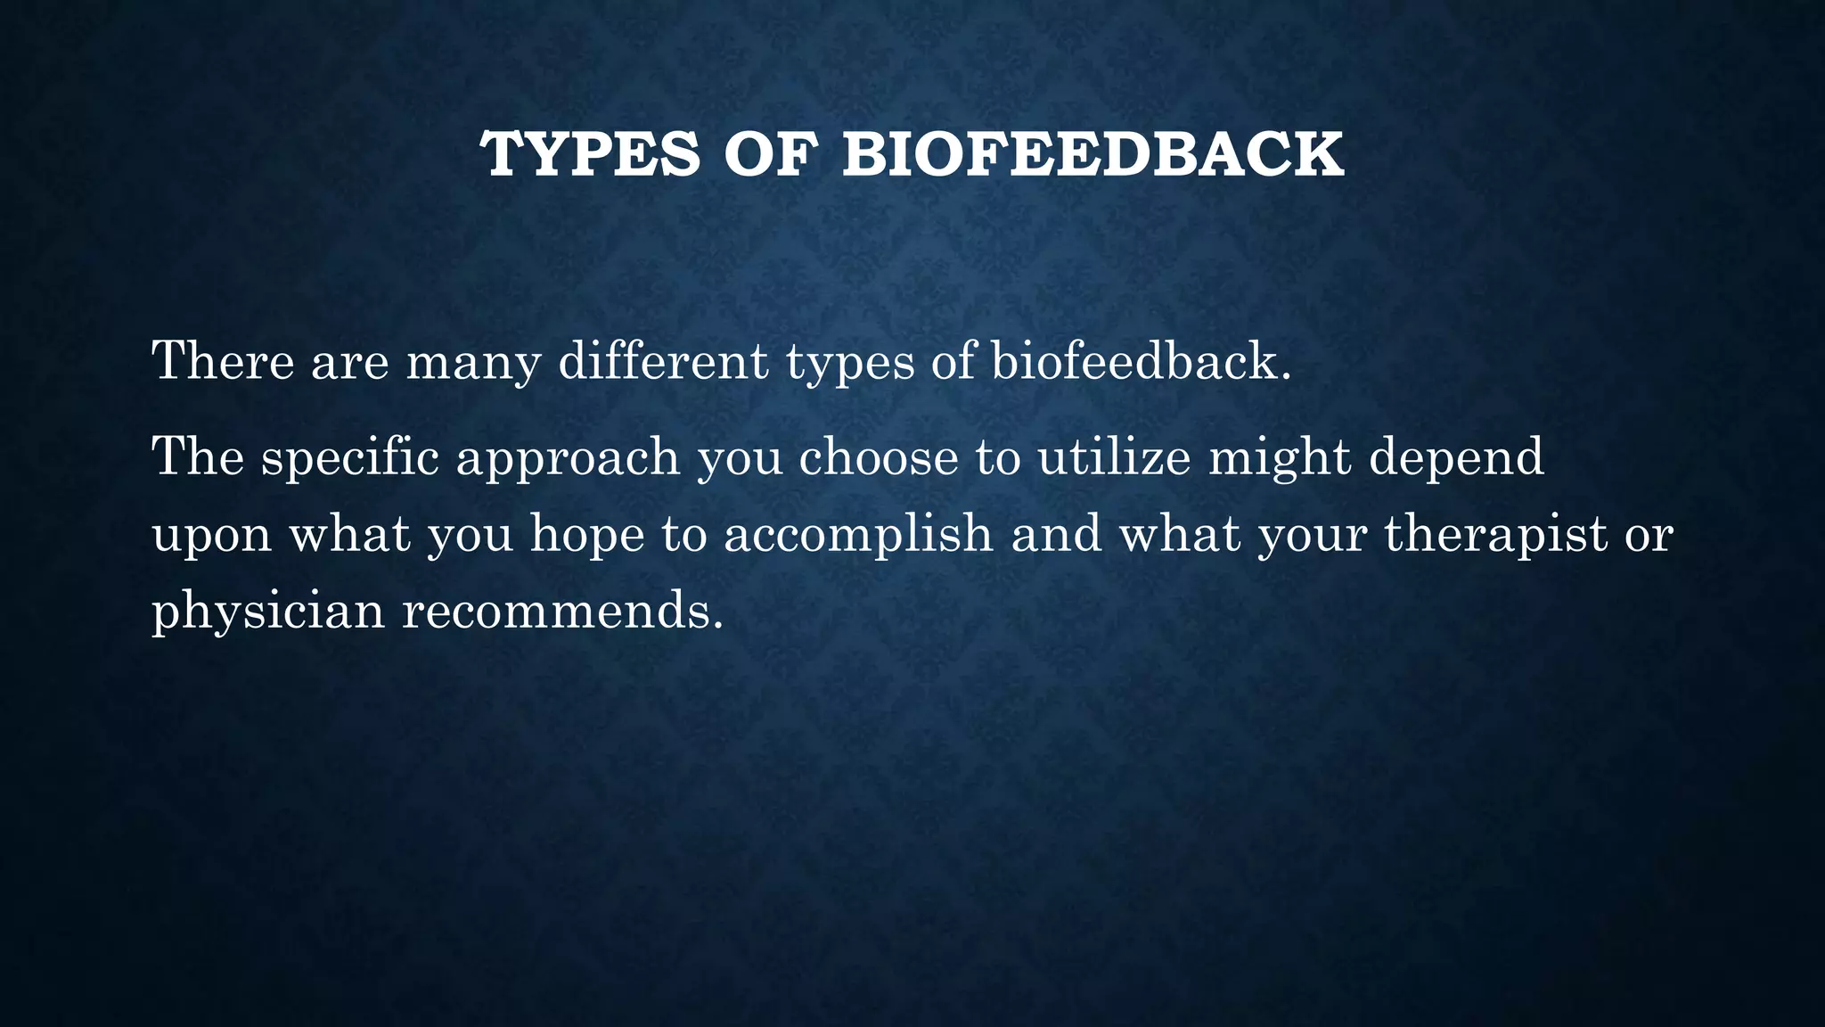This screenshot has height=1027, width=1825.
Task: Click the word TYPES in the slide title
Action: pos(591,155)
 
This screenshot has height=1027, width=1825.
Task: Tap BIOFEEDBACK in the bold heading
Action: pos(1093,155)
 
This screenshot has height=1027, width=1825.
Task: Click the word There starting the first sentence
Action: pos(223,361)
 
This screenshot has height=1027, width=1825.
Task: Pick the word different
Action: pos(663,361)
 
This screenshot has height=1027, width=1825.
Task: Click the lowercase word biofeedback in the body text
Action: pos(1140,361)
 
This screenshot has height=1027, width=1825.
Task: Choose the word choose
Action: pos(878,456)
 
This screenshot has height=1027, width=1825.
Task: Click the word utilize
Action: pos(1114,456)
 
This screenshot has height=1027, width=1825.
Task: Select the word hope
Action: pos(586,535)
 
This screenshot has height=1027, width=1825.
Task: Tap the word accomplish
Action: pos(857,535)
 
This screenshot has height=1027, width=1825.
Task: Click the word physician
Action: pos(267,612)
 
